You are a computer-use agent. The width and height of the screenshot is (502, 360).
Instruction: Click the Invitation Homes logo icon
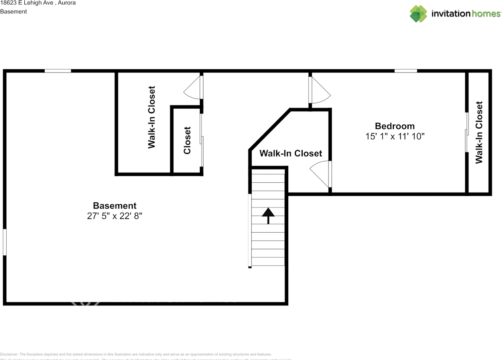[418, 14]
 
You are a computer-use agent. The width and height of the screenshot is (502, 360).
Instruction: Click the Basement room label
[115, 205]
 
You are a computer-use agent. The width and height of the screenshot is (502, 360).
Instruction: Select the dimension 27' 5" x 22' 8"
[115, 216]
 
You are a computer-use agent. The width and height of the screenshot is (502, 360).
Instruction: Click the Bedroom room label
[395, 126]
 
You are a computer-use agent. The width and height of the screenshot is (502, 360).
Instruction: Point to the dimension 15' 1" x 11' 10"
[395, 136]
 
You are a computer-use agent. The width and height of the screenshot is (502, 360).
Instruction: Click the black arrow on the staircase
[268, 215]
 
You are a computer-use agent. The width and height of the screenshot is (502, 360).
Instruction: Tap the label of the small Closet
[187, 140]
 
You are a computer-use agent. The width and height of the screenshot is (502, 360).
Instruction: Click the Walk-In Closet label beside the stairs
[291, 153]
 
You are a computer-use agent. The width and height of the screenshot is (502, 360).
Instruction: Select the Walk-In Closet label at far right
[479, 132]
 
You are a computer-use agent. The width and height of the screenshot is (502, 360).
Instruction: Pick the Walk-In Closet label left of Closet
[151, 117]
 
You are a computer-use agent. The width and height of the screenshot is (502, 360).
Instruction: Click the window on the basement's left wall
[5, 242]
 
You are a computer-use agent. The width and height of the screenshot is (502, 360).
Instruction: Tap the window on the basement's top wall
[58, 71]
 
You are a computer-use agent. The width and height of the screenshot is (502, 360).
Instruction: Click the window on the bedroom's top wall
[406, 71]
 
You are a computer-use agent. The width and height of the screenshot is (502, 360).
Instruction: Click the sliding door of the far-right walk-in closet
[467, 132]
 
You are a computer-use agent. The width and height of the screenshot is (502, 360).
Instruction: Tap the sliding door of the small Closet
[202, 140]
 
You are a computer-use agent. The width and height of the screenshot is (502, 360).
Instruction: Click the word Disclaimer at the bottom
[9, 354]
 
